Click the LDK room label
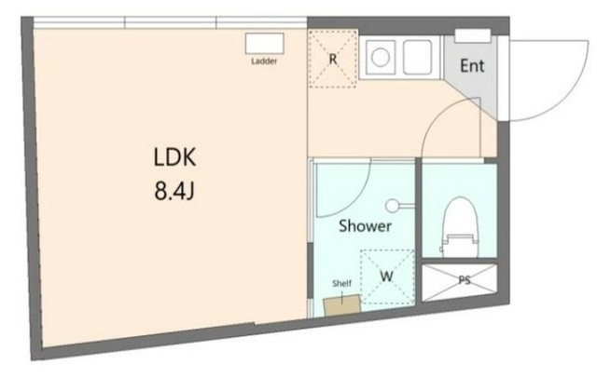click(x=174, y=157)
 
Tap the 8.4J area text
click(x=174, y=190)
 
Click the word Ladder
click(x=264, y=61)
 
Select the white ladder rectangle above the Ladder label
click(x=265, y=44)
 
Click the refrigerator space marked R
click(x=333, y=60)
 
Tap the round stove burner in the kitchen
click(x=381, y=58)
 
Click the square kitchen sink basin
click(x=418, y=58)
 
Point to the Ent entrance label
click(x=472, y=66)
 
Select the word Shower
click(x=365, y=226)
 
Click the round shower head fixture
click(x=392, y=206)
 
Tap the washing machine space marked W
click(x=387, y=277)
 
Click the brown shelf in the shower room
click(x=342, y=304)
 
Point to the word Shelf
click(x=341, y=283)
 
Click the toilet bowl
click(x=460, y=216)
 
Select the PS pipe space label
click(x=465, y=280)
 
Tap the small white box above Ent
click(x=473, y=35)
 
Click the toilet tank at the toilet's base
click(x=460, y=246)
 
